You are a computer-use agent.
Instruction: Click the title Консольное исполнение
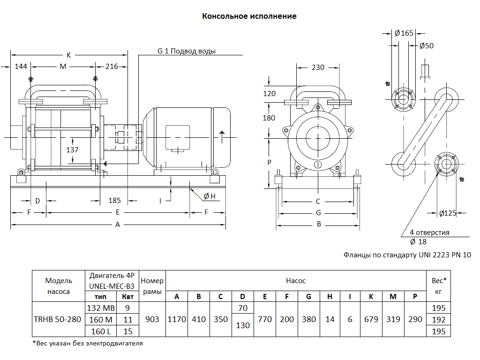(x=249, y=16)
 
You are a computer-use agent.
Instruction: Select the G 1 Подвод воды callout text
(x=186, y=51)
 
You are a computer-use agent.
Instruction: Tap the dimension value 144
(x=21, y=67)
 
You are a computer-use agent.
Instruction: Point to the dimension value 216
(x=112, y=67)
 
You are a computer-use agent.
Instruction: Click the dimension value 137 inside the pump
(x=72, y=150)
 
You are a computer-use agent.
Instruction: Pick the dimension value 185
(x=115, y=200)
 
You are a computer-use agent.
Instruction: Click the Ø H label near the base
(x=210, y=196)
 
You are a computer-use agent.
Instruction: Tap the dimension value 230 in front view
(x=318, y=67)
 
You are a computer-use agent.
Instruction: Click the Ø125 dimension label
(x=448, y=213)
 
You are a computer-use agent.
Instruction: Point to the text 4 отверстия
(x=429, y=232)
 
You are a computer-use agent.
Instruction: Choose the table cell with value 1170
(x=177, y=319)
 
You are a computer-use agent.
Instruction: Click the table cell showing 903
(x=152, y=319)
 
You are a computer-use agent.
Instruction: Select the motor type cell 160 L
(x=101, y=331)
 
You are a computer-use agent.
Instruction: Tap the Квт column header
(x=127, y=297)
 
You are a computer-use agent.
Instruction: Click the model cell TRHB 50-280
(x=58, y=319)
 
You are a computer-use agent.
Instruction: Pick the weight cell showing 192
(x=439, y=320)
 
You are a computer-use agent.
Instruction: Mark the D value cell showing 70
(x=242, y=308)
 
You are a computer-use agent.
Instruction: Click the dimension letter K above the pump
(x=68, y=55)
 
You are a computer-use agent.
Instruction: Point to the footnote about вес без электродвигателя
(x=88, y=343)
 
